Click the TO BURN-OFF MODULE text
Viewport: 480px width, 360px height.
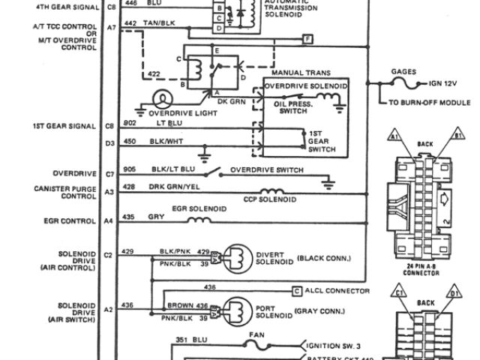428,102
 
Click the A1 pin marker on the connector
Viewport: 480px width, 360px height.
393,136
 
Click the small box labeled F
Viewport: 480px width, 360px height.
307,37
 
